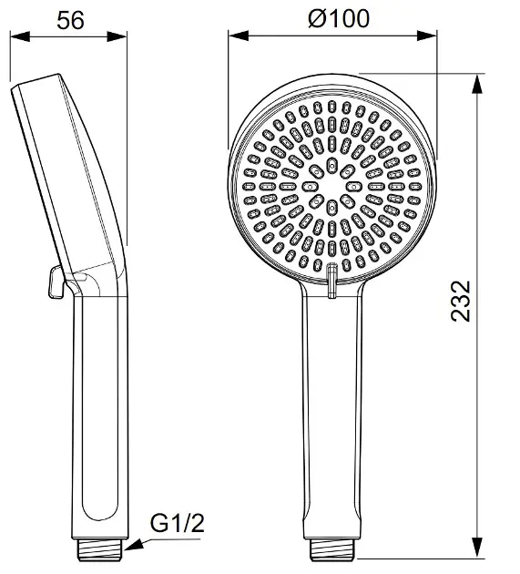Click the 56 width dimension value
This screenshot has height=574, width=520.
pyautogui.click(x=70, y=20)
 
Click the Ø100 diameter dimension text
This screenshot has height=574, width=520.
pyautogui.click(x=339, y=18)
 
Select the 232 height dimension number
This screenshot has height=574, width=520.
pyautogui.click(x=461, y=302)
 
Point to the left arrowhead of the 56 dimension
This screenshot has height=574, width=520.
pyautogui.click(x=20, y=36)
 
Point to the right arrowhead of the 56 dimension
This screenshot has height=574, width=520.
pyautogui.click(x=117, y=36)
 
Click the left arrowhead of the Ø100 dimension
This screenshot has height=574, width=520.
pyautogui.click(x=239, y=36)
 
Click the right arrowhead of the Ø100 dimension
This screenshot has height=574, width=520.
pyautogui.click(x=427, y=36)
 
